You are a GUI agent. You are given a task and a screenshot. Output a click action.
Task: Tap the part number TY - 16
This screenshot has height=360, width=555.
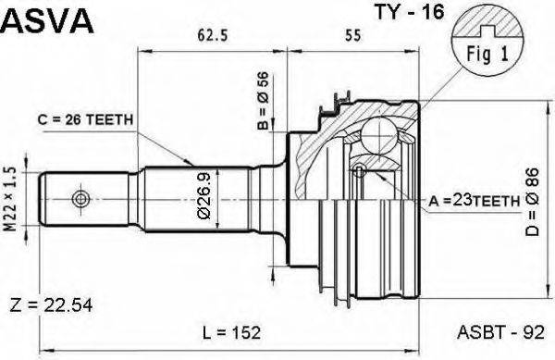[410, 12]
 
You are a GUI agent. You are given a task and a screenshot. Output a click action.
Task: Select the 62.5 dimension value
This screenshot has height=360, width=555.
[213, 35]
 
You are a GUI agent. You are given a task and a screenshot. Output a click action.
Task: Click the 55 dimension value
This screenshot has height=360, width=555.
[353, 35]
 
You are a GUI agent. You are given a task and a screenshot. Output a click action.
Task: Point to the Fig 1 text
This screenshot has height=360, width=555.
[487, 55]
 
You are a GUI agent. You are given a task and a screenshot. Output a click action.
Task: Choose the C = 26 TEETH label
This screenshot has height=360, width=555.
[85, 120]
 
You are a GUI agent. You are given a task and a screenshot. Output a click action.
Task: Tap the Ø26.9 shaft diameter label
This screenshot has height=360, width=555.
[204, 196]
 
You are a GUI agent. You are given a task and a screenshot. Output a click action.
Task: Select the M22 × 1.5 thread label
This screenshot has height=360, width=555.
[12, 199]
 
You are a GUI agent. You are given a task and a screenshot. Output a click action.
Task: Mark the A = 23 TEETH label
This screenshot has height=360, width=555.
[474, 201]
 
